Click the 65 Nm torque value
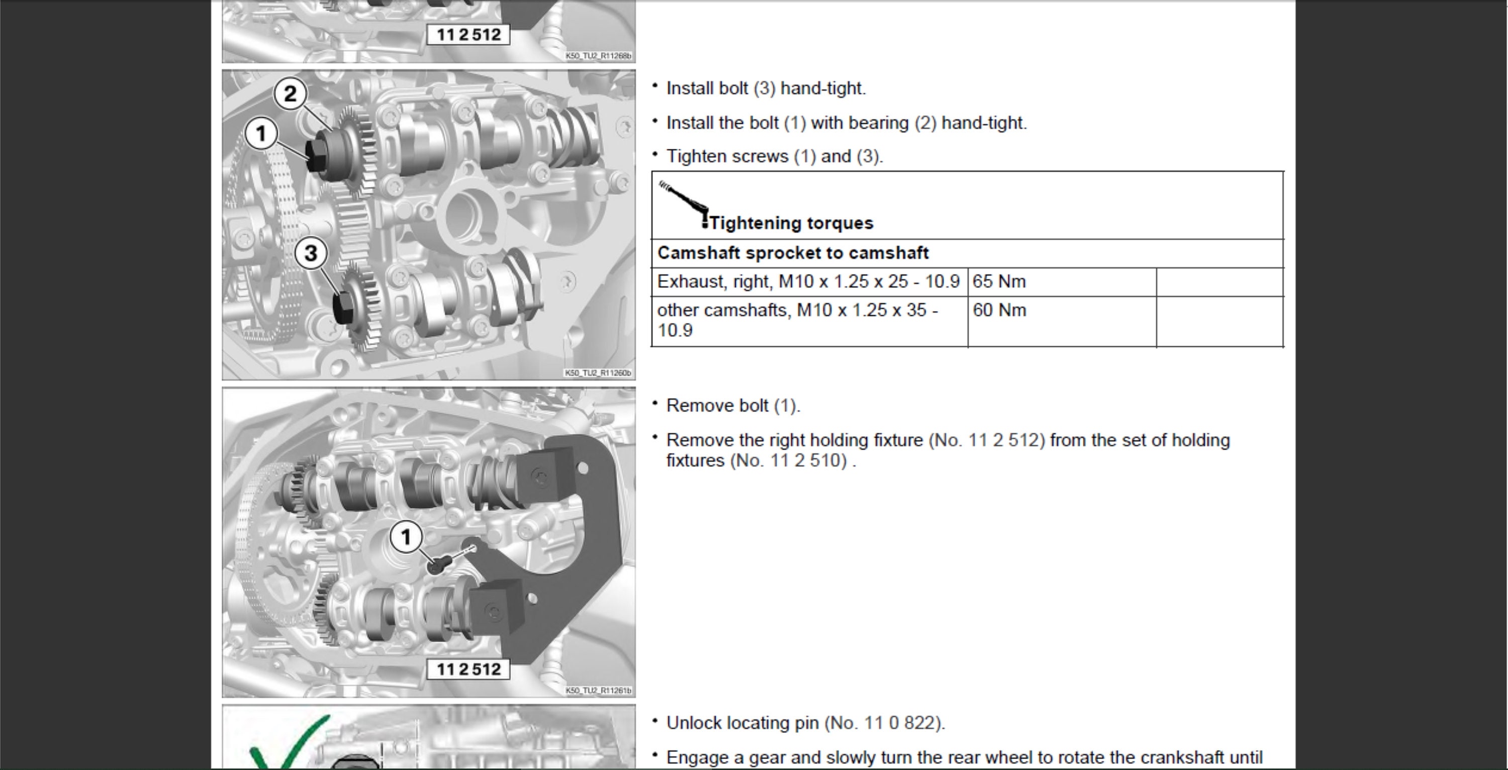pos(999,281)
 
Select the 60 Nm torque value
pos(999,310)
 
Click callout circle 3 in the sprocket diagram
pos(311,253)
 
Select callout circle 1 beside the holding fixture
pos(406,536)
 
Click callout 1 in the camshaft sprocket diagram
pos(261,134)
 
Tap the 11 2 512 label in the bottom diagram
pos(468,669)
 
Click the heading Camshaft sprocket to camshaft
pos(793,253)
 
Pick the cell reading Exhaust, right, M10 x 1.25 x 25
pos(808,281)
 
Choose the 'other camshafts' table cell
pos(797,320)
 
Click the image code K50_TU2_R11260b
pos(598,373)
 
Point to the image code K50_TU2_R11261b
pos(598,691)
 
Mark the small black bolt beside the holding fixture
pos(438,564)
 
